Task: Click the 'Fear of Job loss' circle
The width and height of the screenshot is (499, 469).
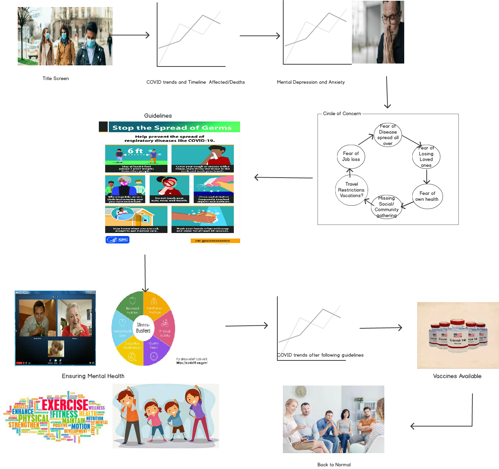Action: click(351, 157)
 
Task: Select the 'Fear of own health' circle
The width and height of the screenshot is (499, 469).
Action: click(427, 196)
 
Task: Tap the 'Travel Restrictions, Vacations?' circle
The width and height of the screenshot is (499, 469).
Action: click(351, 190)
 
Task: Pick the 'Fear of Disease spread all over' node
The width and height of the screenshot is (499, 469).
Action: click(388, 135)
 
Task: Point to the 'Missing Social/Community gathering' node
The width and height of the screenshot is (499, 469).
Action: click(386, 207)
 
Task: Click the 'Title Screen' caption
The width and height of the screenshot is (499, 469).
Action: click(56, 78)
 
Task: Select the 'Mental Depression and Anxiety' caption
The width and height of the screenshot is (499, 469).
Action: click(311, 82)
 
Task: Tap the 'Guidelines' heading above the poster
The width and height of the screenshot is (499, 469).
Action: click(158, 116)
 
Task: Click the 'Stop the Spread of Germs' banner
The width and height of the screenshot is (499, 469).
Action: click(172, 128)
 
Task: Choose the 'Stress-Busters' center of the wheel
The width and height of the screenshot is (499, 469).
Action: click(143, 328)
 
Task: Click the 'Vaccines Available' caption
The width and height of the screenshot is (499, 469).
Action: click(457, 376)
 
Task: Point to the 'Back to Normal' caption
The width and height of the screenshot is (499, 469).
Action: click(334, 465)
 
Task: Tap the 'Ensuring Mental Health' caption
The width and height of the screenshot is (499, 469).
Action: click(93, 376)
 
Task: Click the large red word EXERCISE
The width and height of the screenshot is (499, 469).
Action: click(65, 405)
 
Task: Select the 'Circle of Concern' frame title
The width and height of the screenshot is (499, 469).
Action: click(342, 113)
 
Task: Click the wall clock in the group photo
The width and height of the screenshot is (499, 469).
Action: click(301, 391)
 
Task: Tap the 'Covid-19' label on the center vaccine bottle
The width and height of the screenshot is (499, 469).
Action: click(457, 340)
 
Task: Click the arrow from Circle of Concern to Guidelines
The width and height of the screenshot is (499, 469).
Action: click(283, 178)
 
